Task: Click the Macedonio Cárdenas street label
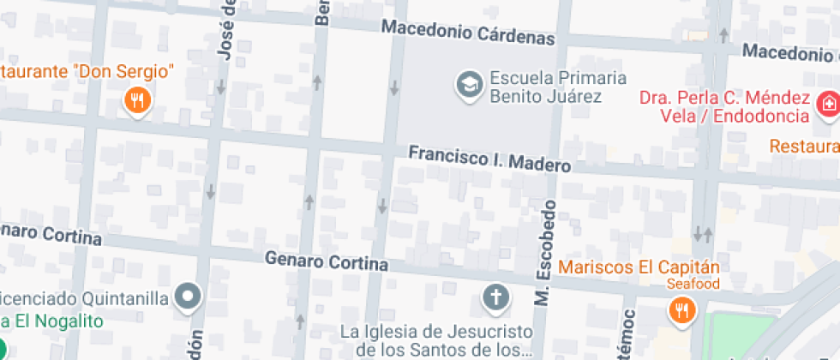coord(468,33)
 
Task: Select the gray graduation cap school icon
coord(469,86)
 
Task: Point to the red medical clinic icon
coord(828,105)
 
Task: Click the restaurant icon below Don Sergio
coord(137,102)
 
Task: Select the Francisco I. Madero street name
coord(489,159)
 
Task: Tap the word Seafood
coord(694,284)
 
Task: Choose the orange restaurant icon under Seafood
coord(681,310)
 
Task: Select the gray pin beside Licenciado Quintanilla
coord(188,297)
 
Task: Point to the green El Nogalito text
coord(51,321)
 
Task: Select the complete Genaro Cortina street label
coord(326,261)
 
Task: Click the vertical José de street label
coord(226,30)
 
